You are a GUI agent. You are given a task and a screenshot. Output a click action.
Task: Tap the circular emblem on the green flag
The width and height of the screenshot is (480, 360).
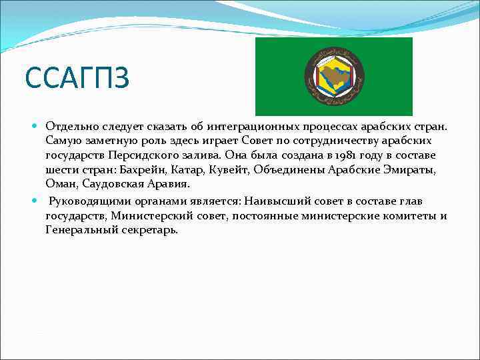pyautogui.click(x=334, y=77)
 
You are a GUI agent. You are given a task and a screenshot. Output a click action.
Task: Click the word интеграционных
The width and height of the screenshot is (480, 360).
pyautogui.click(x=252, y=126)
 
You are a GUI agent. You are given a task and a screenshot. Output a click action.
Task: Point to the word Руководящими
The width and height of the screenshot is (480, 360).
pyautogui.click(x=90, y=201)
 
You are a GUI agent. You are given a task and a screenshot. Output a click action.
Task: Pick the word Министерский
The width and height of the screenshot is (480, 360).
pyautogui.click(x=153, y=216)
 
